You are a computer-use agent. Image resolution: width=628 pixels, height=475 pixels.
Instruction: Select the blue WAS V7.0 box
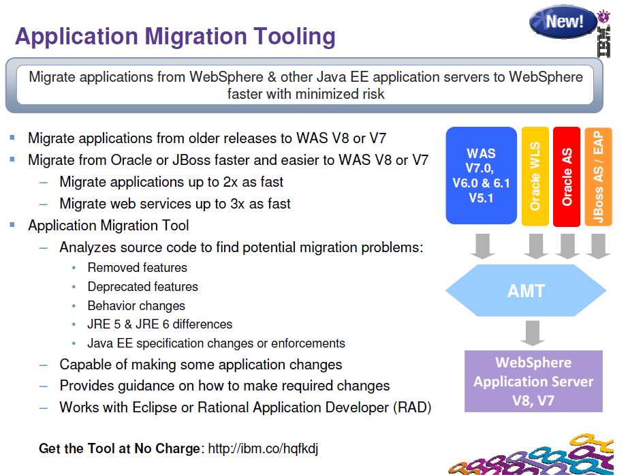pos(481,176)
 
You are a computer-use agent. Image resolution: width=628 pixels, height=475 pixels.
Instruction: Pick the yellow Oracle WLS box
pos(535,176)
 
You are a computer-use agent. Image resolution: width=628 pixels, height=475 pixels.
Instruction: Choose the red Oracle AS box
pos(567,176)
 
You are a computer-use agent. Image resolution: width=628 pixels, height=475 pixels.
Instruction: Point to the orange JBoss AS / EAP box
pos(598,176)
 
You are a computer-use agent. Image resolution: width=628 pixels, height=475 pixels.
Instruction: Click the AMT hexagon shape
pos(526,291)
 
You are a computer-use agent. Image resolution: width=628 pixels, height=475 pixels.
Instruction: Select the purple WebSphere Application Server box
pos(533,381)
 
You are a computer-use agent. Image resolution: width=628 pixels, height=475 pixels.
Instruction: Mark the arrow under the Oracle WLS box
pos(535,246)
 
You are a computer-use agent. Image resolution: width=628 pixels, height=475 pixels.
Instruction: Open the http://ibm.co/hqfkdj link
pos(263,448)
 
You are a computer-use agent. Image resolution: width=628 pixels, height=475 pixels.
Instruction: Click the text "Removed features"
pos(137,268)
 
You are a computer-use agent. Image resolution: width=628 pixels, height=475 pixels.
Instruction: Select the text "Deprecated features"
pos(142,287)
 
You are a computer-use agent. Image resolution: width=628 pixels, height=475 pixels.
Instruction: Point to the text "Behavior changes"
pos(136,306)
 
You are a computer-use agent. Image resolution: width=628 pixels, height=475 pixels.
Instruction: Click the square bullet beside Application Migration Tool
pos(12,224)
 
